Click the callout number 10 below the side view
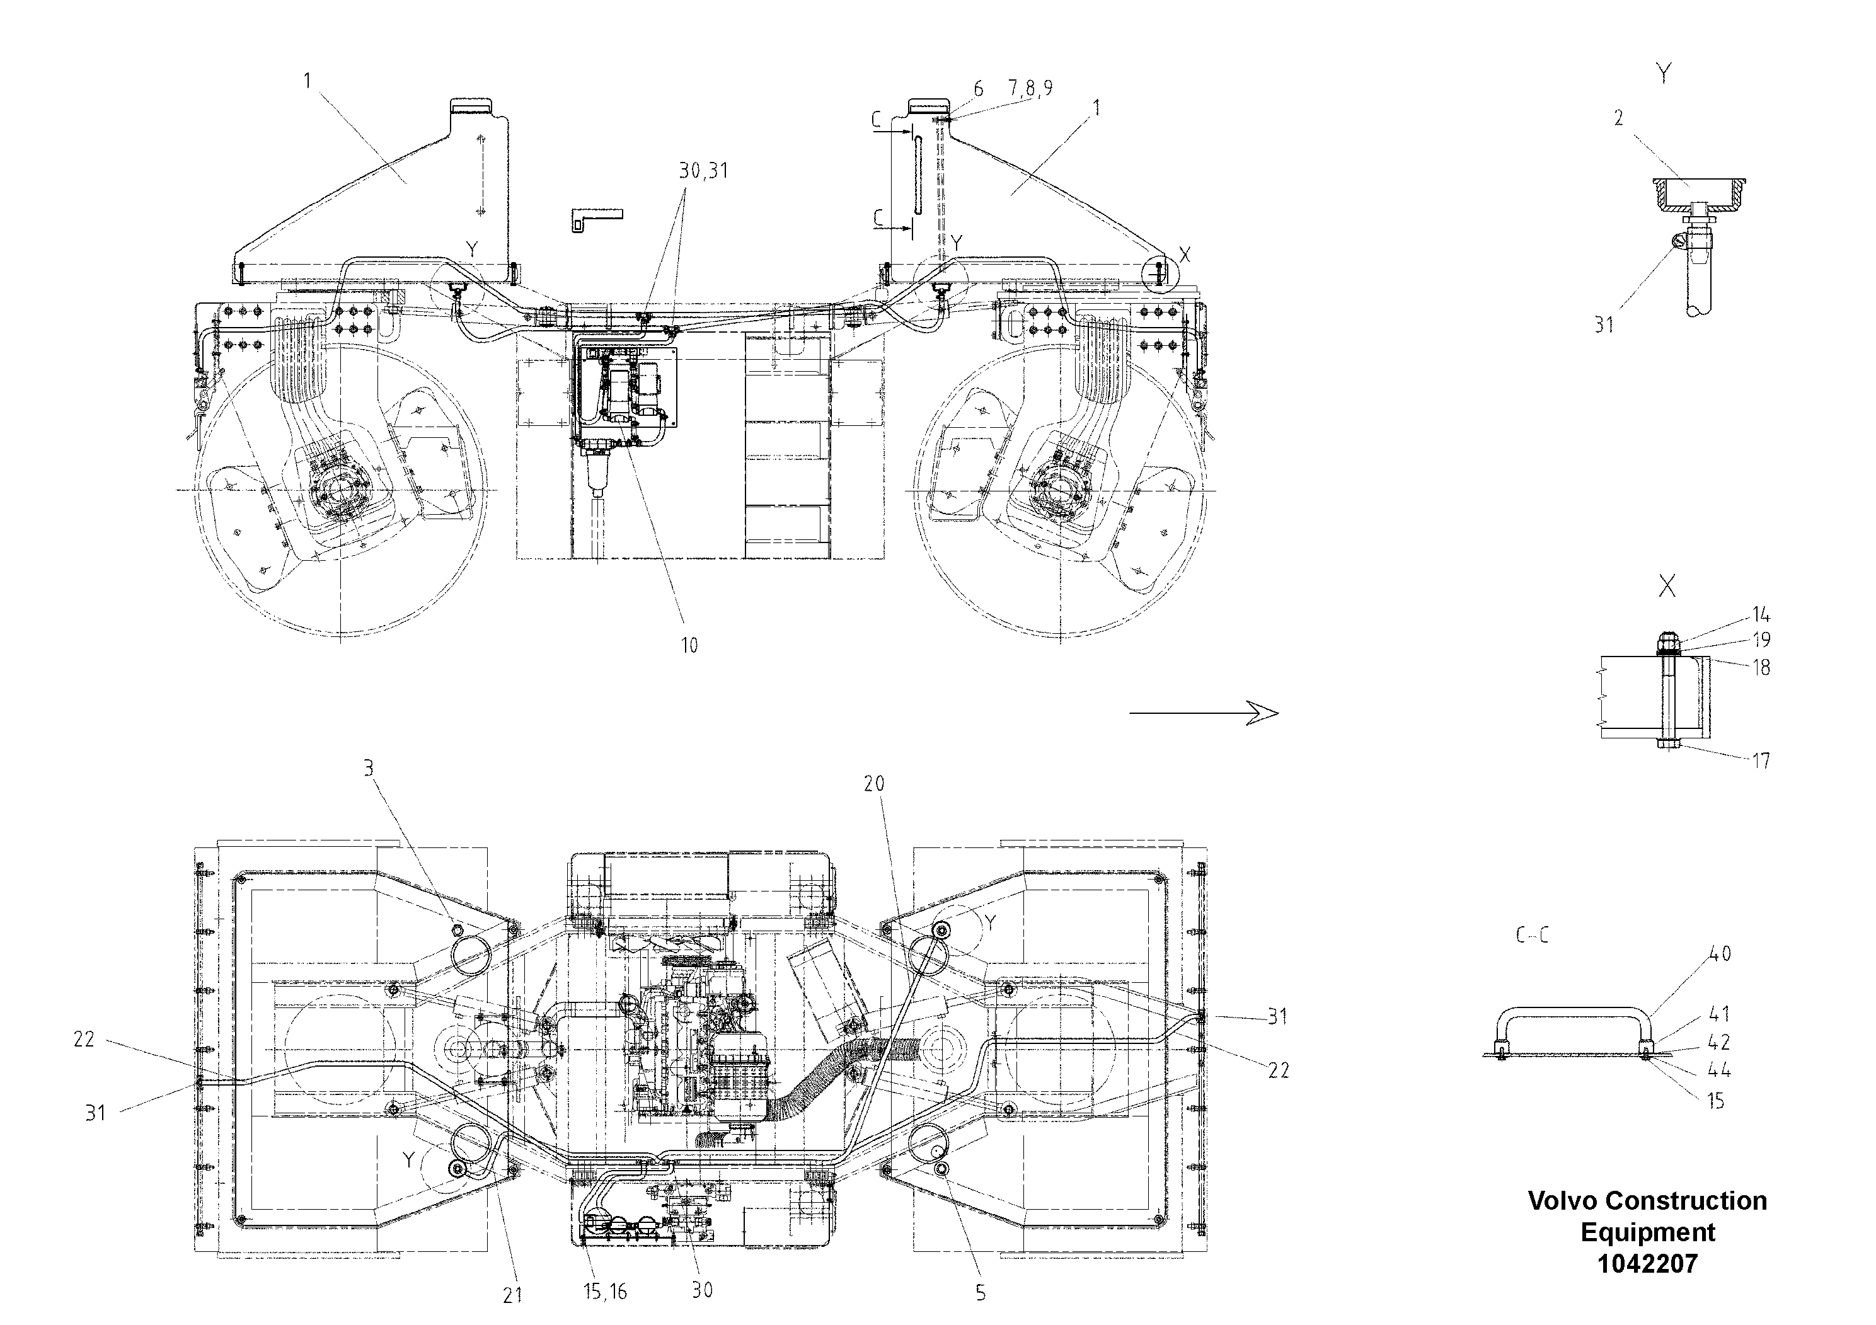point(689,645)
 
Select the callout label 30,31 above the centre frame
point(703,171)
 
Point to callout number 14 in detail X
point(1761,614)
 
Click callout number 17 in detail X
point(1761,760)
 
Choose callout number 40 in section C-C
point(1720,953)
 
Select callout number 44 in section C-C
point(1719,1070)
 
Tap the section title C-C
point(1531,936)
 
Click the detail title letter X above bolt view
point(1667,586)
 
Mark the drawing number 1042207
point(1647,1264)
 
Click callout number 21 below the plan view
point(512,1295)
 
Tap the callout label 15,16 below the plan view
point(606,1291)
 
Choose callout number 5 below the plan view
point(981,1293)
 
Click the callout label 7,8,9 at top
point(1030,88)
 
